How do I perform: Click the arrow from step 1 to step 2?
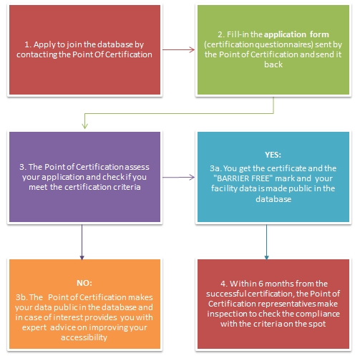[x=179, y=50]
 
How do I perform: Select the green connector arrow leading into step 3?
[x=179, y=113]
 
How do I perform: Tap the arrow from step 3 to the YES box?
[x=179, y=178]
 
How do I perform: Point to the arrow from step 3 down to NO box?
[x=82, y=242]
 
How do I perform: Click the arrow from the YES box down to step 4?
[x=267, y=242]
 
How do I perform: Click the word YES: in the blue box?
[x=273, y=155]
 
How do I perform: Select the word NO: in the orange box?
[x=84, y=283]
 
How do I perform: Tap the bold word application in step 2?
[x=285, y=35]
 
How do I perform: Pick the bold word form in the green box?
[x=319, y=34]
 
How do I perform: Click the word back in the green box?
[x=273, y=64]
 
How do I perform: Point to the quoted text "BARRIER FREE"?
[x=243, y=178]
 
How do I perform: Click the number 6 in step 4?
[x=261, y=284]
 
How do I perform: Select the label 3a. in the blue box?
[x=215, y=168]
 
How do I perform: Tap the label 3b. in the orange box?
[x=22, y=297]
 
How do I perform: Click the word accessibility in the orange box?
[x=84, y=337]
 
